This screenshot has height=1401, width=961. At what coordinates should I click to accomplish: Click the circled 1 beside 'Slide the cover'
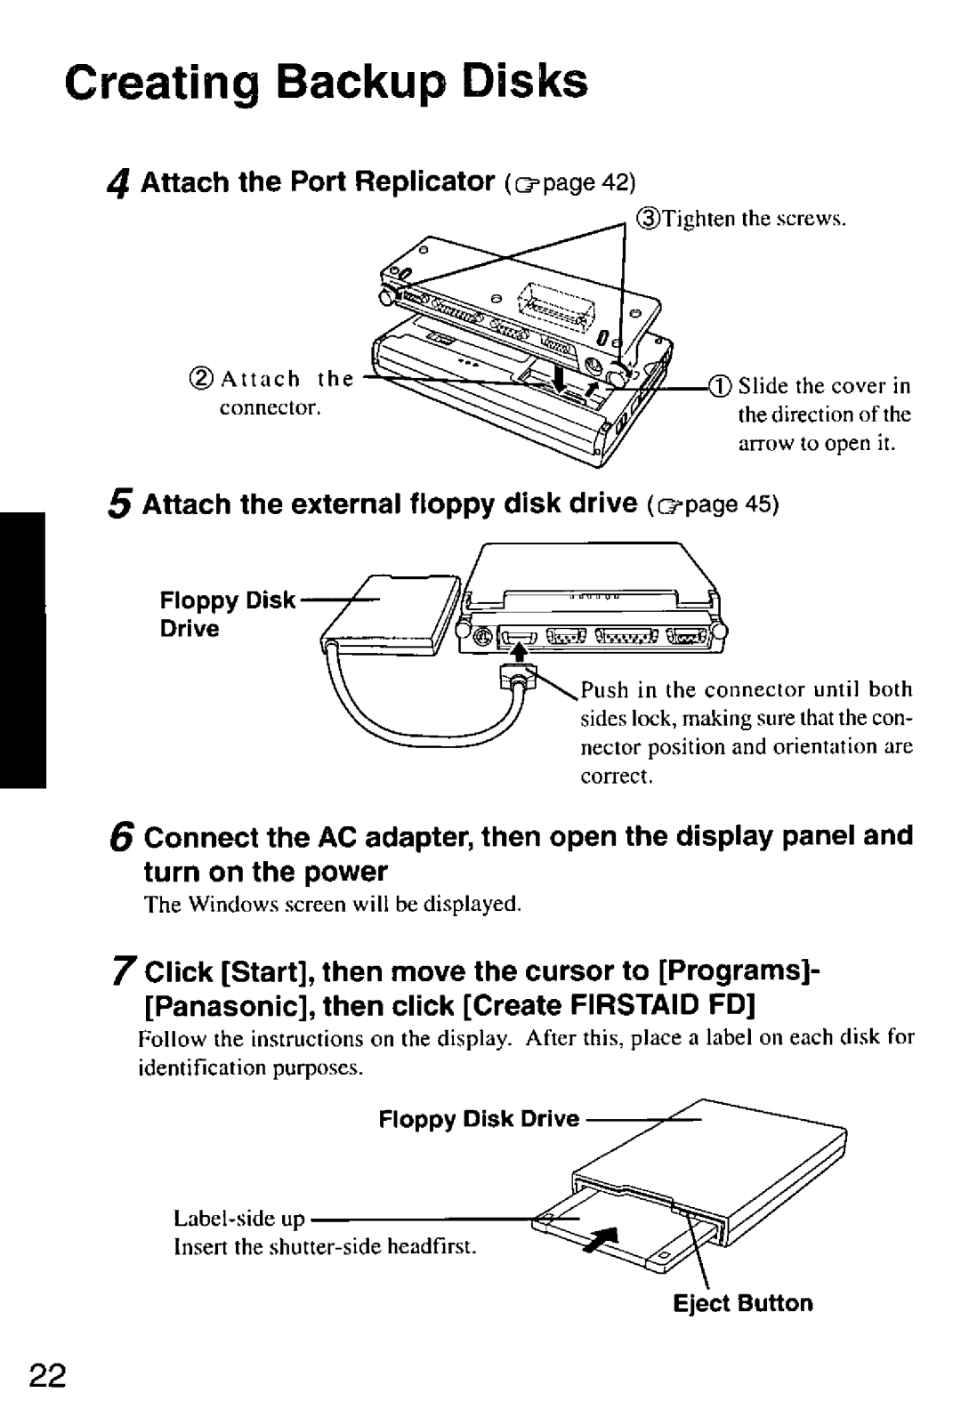(719, 386)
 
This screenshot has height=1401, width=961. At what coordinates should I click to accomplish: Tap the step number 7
(124, 971)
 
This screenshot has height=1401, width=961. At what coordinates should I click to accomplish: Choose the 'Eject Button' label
(742, 1303)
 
